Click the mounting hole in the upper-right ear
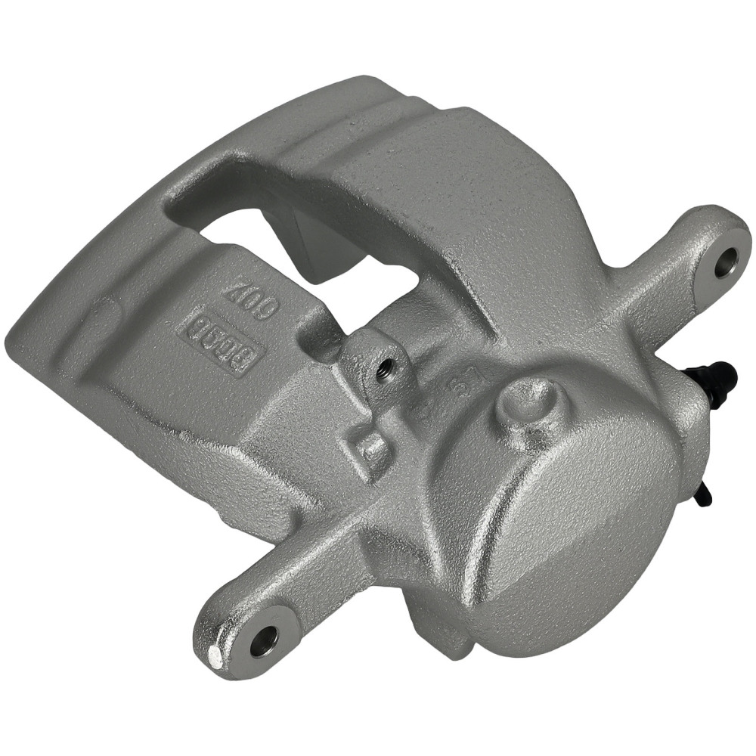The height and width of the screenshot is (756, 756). coord(727,262)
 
